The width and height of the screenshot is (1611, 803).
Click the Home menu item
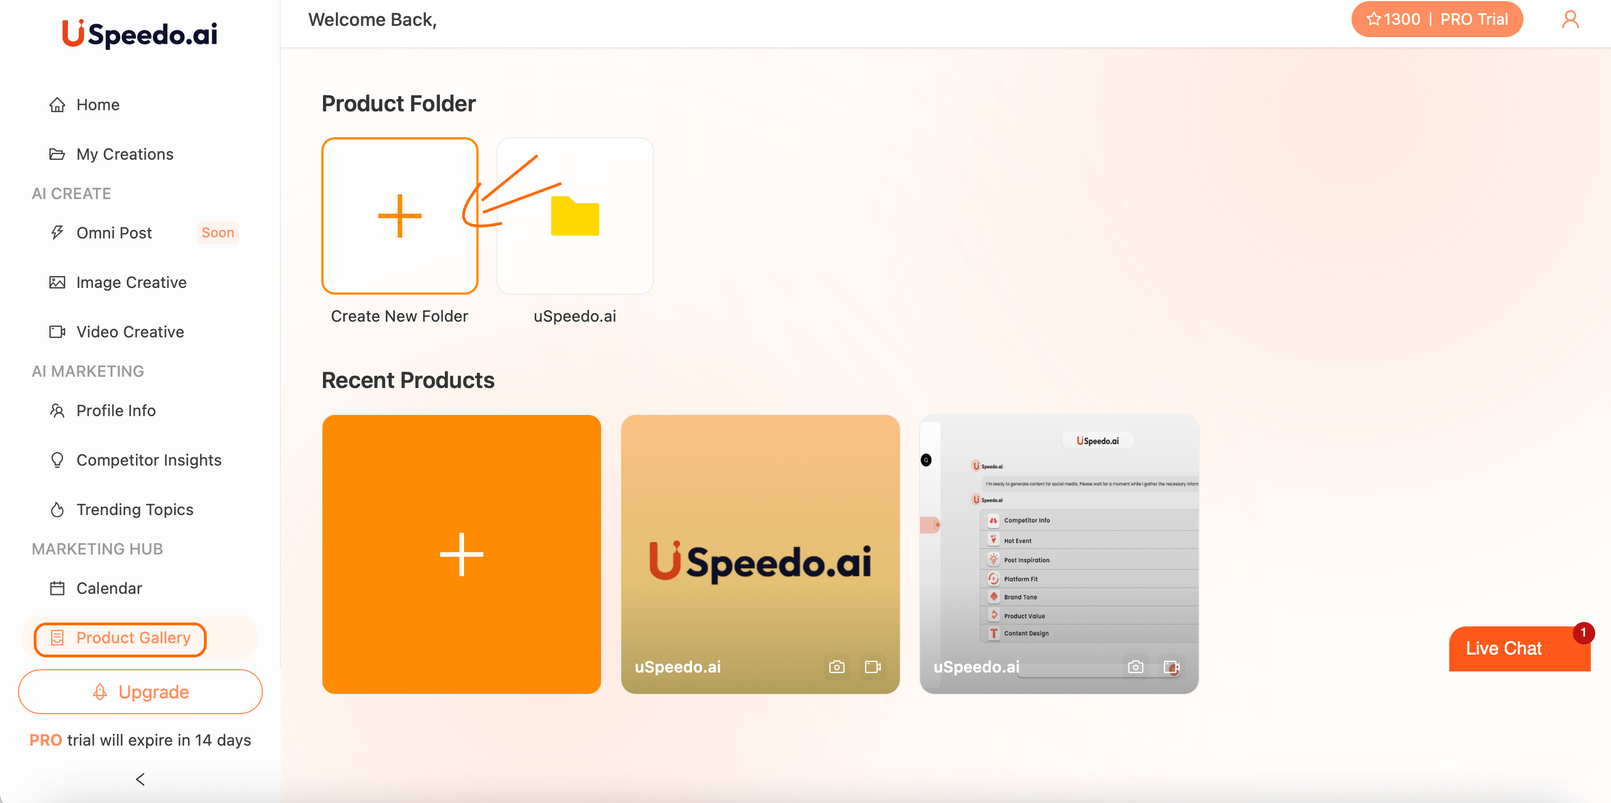coord(97,105)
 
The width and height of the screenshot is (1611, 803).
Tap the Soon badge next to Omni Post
coord(217,233)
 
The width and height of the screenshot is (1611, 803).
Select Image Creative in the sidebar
coord(131,282)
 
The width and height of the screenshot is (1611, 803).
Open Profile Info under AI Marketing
coord(116,410)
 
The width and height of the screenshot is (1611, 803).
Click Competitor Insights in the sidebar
coord(148,460)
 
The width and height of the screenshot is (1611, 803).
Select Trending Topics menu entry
coord(134,509)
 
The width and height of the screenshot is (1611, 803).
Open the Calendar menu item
coord(109,588)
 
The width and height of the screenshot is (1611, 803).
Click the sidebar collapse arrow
coord(140,779)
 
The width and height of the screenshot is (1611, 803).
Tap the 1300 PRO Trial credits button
coord(1436,20)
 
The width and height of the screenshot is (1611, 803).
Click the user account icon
coord(1570,20)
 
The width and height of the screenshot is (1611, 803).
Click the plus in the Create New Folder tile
coord(399,216)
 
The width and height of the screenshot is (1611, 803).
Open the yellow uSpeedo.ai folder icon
coord(575,216)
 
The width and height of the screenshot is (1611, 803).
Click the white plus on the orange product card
coord(462,554)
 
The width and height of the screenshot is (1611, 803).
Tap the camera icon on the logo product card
coord(836,667)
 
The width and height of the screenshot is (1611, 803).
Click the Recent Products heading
coord(408,381)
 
